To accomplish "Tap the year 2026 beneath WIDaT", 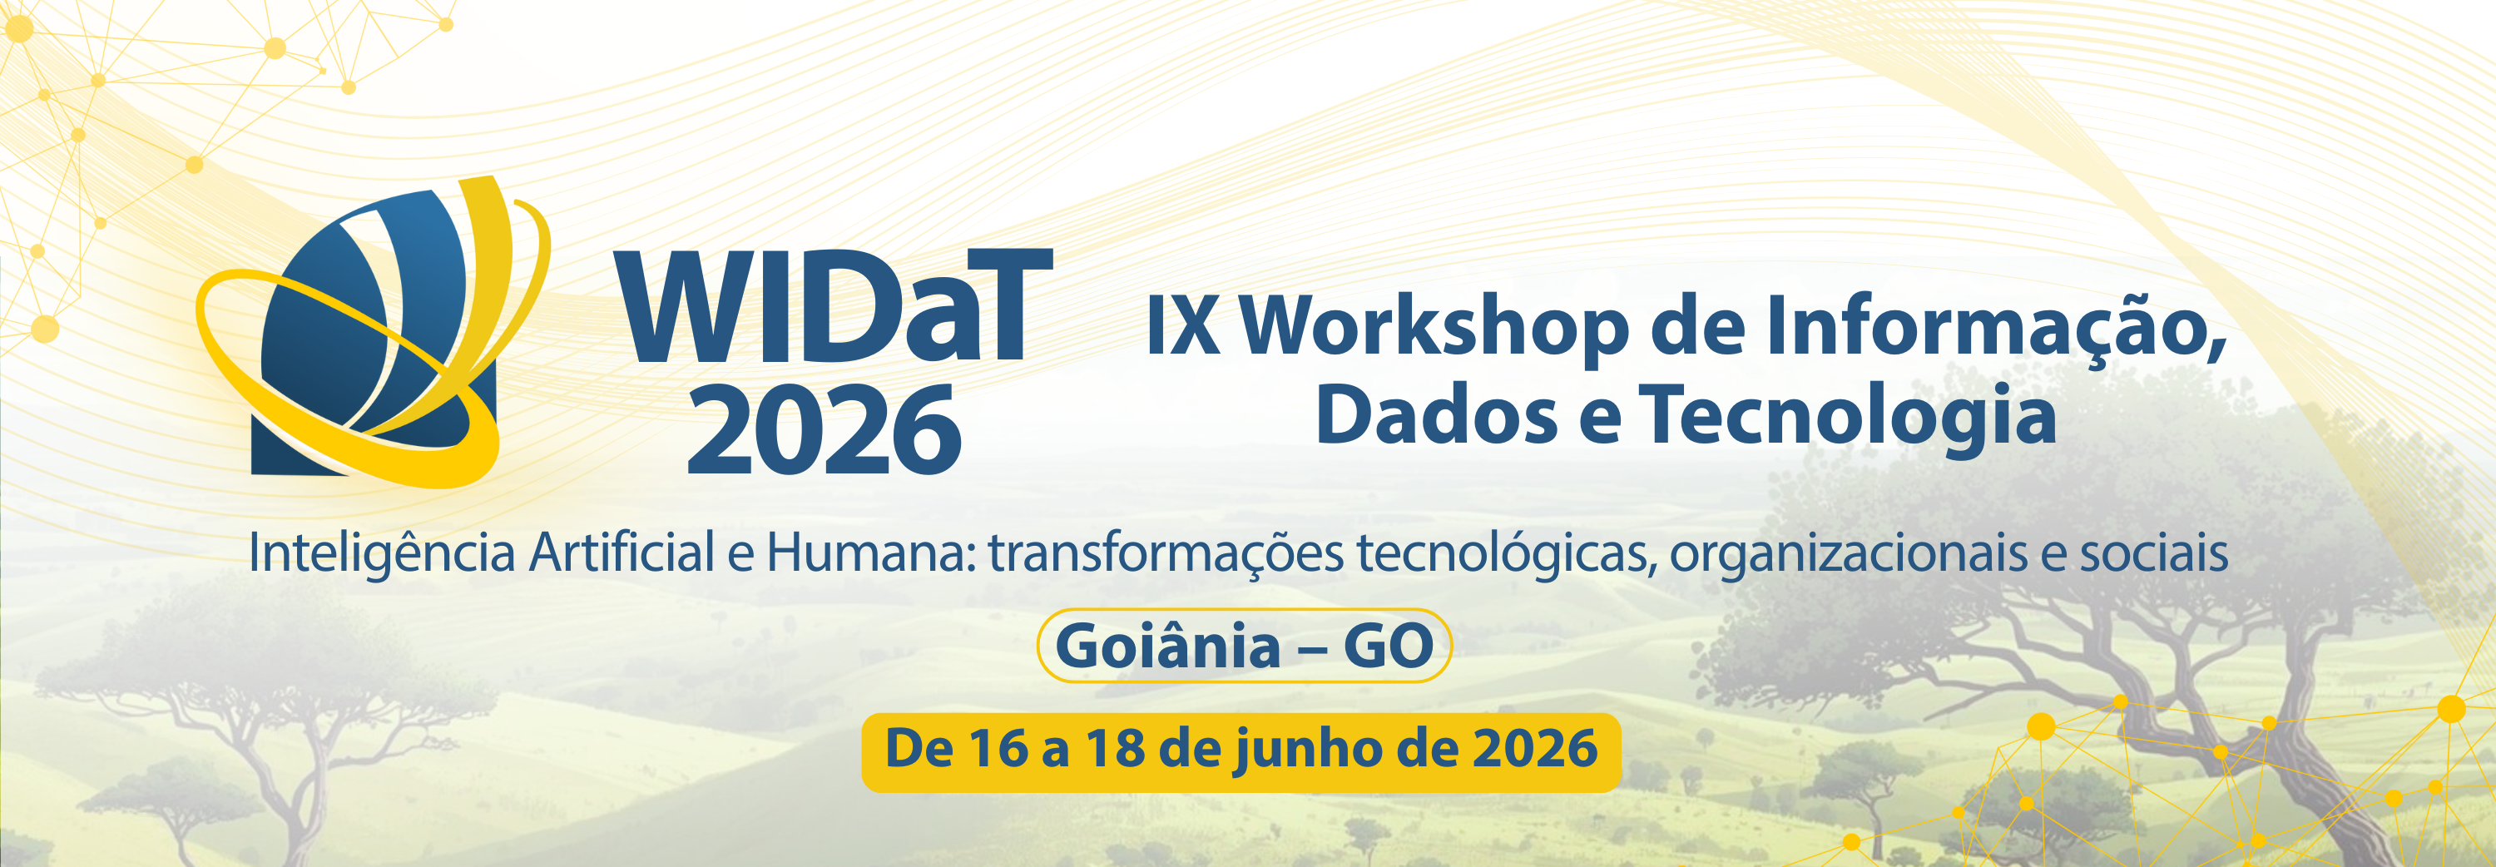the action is click(825, 429).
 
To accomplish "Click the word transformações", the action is click(1166, 555).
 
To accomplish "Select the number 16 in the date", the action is click(999, 749).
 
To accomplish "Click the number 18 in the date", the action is click(1115, 749).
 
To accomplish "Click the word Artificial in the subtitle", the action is click(622, 553).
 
